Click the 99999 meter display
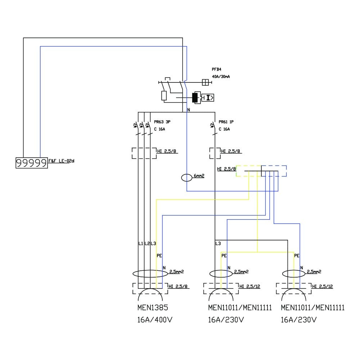click(31, 163)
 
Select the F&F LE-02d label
click(61, 161)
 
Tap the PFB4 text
click(217, 69)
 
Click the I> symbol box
click(208, 97)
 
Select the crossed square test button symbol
click(206, 82)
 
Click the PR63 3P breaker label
click(162, 122)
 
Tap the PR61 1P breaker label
click(226, 122)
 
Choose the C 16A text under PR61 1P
click(224, 129)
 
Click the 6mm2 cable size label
click(199, 176)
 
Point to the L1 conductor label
click(141, 244)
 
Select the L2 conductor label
click(147, 244)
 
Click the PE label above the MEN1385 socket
click(159, 256)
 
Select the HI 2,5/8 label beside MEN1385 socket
click(179, 287)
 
